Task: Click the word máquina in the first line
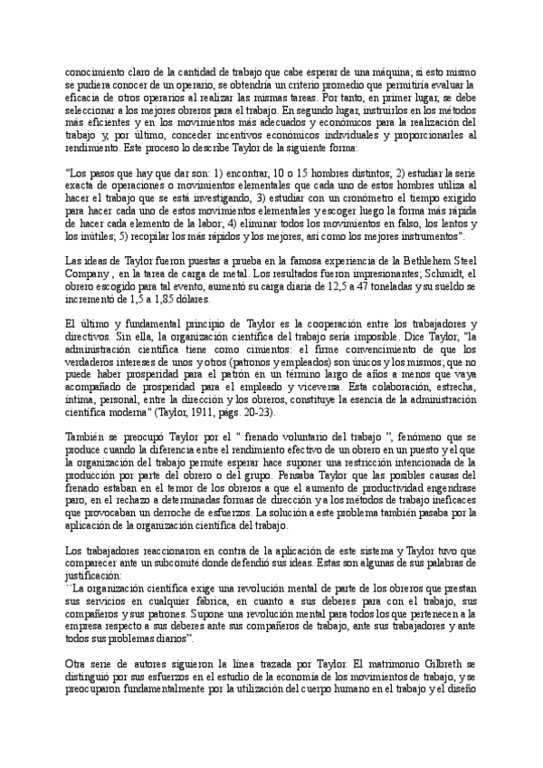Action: point(366,66)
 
